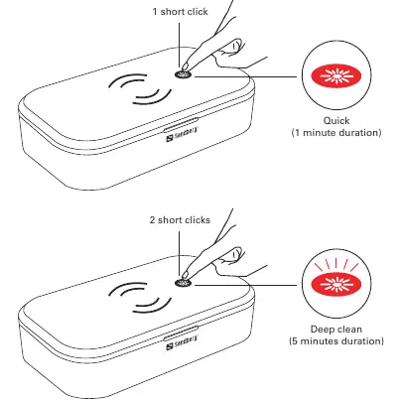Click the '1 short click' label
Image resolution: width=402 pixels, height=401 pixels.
(x=180, y=12)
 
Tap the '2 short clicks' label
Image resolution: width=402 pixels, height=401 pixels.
(x=180, y=220)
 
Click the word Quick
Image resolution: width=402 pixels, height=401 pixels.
(x=336, y=121)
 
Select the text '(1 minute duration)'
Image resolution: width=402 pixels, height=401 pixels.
(x=336, y=133)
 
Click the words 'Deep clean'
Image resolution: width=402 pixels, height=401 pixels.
(x=336, y=330)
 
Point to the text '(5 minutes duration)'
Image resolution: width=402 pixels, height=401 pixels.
(x=336, y=341)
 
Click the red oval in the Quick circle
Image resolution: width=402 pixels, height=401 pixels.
(x=336, y=76)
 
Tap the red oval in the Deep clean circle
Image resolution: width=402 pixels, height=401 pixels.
(x=336, y=285)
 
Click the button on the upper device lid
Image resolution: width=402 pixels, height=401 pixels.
(x=183, y=74)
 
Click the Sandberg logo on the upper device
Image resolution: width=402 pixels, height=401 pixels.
(x=182, y=134)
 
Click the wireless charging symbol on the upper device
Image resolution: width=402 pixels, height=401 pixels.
(x=140, y=88)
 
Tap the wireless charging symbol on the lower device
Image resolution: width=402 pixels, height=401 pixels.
(x=140, y=297)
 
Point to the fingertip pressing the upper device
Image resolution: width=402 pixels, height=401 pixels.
(x=186, y=67)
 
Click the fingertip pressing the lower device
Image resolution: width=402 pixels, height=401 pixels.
(x=186, y=275)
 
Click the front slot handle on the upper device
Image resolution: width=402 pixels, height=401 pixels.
(x=181, y=124)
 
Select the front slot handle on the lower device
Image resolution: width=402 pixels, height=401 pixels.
(x=181, y=333)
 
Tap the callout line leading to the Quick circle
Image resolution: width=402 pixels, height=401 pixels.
(x=245, y=76)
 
